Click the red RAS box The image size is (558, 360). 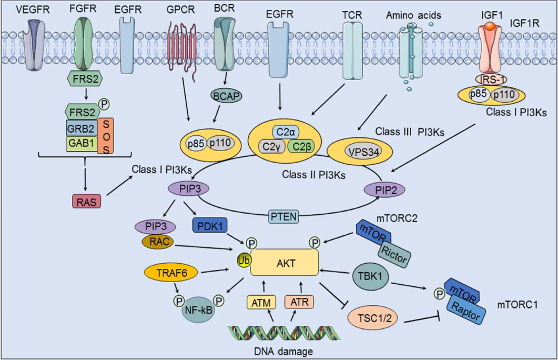86,202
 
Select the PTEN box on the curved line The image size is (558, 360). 283,216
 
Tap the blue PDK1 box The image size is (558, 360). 210,225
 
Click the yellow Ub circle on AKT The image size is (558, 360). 244,260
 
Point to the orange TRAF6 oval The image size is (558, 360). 171,273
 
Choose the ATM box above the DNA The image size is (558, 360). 261,303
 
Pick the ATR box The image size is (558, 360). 299,302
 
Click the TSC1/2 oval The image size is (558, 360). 374,317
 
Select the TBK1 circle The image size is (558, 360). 371,276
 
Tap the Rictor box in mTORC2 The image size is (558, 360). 394,254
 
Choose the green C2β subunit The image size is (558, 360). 301,146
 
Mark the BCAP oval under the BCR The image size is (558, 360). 226,96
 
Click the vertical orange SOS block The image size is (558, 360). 106,136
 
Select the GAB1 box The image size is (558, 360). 82,144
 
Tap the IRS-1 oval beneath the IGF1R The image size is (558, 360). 491,79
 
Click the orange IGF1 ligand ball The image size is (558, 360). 490,26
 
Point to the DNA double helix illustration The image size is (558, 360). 284,333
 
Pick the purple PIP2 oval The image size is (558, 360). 384,190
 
